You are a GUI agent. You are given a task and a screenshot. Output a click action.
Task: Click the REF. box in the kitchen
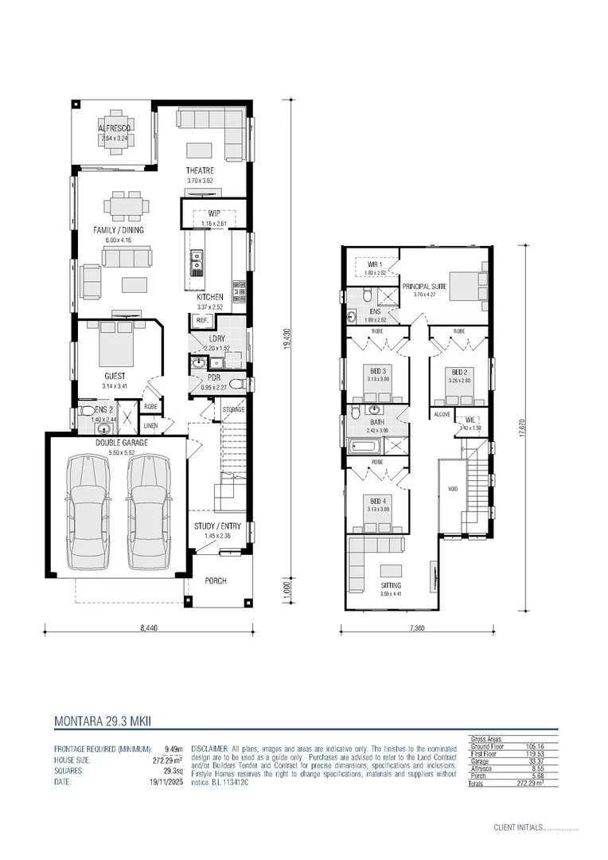click(201, 320)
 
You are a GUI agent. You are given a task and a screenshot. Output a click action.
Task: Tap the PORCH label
click(215, 580)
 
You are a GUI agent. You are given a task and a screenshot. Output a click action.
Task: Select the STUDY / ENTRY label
click(217, 526)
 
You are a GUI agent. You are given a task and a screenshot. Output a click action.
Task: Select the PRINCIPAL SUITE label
click(425, 286)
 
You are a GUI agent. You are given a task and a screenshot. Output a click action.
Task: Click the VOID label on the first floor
click(451, 490)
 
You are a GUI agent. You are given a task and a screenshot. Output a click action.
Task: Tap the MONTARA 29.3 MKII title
click(103, 721)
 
